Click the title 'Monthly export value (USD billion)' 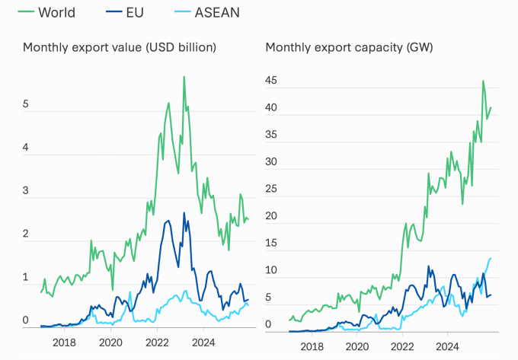120,47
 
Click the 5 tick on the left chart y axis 26,104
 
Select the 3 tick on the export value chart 26,190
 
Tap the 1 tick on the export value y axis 26,277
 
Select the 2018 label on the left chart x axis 63,342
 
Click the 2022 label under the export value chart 157,342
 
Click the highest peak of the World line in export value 184,76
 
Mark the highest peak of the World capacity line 483,81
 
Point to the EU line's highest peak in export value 184,212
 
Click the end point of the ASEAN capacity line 491,258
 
